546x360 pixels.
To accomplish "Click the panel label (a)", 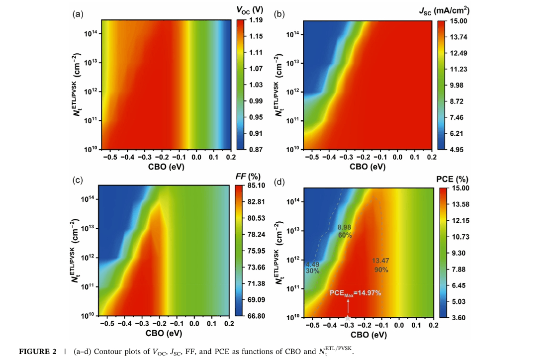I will pyautogui.click(x=77, y=14).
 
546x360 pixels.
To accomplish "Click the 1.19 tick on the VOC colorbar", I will pyautogui.click(x=256, y=20).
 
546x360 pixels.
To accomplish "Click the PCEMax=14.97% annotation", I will pyautogui.click(x=355, y=293).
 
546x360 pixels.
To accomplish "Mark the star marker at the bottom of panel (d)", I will pyautogui.click(x=348, y=317).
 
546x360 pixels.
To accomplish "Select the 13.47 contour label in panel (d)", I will pyautogui.click(x=380, y=260).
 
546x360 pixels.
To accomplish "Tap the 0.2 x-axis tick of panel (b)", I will pyautogui.click(x=431, y=157).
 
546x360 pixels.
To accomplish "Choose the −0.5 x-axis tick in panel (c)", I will pyautogui.click(x=108, y=324).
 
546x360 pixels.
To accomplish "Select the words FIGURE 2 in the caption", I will pyautogui.click(x=37, y=352).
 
